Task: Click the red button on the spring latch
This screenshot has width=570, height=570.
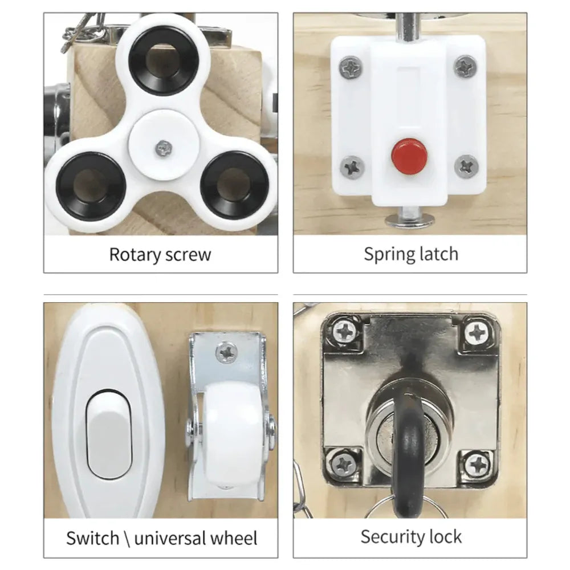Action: (x=409, y=156)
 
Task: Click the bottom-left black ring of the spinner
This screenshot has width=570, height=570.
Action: (x=91, y=186)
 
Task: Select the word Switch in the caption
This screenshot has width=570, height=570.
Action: (x=93, y=538)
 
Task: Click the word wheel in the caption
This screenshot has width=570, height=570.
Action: (x=234, y=538)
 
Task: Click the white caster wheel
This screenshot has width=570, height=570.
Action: (x=232, y=435)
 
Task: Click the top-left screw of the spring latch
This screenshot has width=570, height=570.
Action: (x=351, y=68)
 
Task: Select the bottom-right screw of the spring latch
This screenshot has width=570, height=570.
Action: (x=466, y=166)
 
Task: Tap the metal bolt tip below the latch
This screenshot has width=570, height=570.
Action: (x=410, y=218)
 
